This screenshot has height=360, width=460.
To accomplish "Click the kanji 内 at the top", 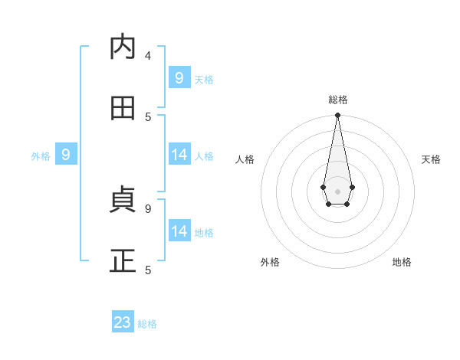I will click(123, 47).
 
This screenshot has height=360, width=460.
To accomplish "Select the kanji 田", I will click(123, 108).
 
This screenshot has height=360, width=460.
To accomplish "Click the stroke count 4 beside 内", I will click(148, 55).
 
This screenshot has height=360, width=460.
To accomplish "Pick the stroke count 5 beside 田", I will click(148, 116).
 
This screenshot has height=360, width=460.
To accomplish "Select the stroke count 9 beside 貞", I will click(148, 208).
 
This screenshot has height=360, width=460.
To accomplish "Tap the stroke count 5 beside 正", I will click(148, 270).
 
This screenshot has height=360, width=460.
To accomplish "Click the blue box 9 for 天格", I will click(179, 78).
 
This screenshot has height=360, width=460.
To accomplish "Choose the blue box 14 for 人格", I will click(179, 155).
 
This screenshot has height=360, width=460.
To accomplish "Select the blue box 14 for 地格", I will click(179, 231).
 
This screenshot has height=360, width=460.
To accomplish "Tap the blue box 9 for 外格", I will click(66, 155).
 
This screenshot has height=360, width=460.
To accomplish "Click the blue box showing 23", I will click(123, 322).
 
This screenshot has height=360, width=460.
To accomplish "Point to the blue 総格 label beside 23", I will click(147, 324).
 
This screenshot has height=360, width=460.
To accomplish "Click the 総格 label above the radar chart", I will click(337, 100).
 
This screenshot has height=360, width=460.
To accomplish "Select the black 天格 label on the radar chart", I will click(431, 159).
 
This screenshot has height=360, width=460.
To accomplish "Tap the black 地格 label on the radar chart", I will click(402, 262).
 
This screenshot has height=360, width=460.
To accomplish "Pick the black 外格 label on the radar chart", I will click(270, 262).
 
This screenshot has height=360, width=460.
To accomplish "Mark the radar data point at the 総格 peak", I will click(337, 115).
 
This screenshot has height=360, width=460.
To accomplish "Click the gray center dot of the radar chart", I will click(337, 190).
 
